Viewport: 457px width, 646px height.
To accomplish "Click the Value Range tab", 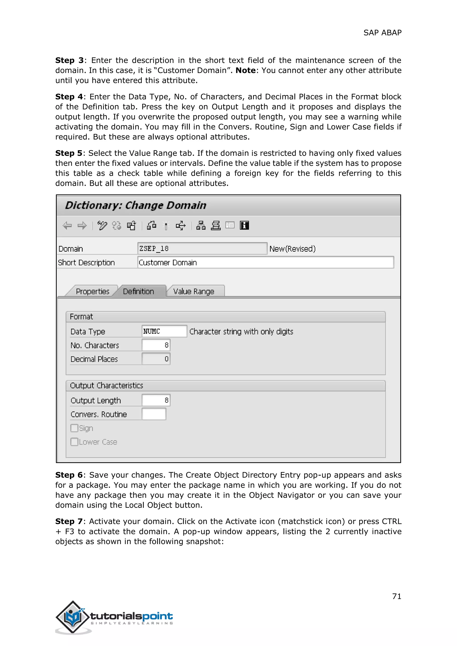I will [194, 291].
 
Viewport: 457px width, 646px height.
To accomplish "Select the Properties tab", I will [92, 291].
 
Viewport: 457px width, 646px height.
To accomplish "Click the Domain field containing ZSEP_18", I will [202, 248].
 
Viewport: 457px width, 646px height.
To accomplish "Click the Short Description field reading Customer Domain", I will [265, 262].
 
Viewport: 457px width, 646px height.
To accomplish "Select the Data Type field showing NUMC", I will [164, 331].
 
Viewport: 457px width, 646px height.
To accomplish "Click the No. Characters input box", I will [156, 345].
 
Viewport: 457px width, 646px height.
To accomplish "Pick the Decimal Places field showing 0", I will [156, 359].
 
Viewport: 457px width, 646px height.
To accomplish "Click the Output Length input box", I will [156, 400].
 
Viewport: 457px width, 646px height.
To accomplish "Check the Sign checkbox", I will [74, 428].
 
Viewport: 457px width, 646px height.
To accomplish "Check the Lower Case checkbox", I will [74, 442].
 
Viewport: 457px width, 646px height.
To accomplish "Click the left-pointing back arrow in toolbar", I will [67, 225].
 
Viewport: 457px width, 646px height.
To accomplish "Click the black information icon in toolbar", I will [244, 225].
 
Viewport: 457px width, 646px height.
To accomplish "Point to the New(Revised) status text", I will [292, 249].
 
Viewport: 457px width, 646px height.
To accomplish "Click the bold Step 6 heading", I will [69, 475].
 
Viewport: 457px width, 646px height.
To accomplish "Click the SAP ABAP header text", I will [382, 33].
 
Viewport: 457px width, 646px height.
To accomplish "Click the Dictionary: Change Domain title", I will [136, 205].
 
